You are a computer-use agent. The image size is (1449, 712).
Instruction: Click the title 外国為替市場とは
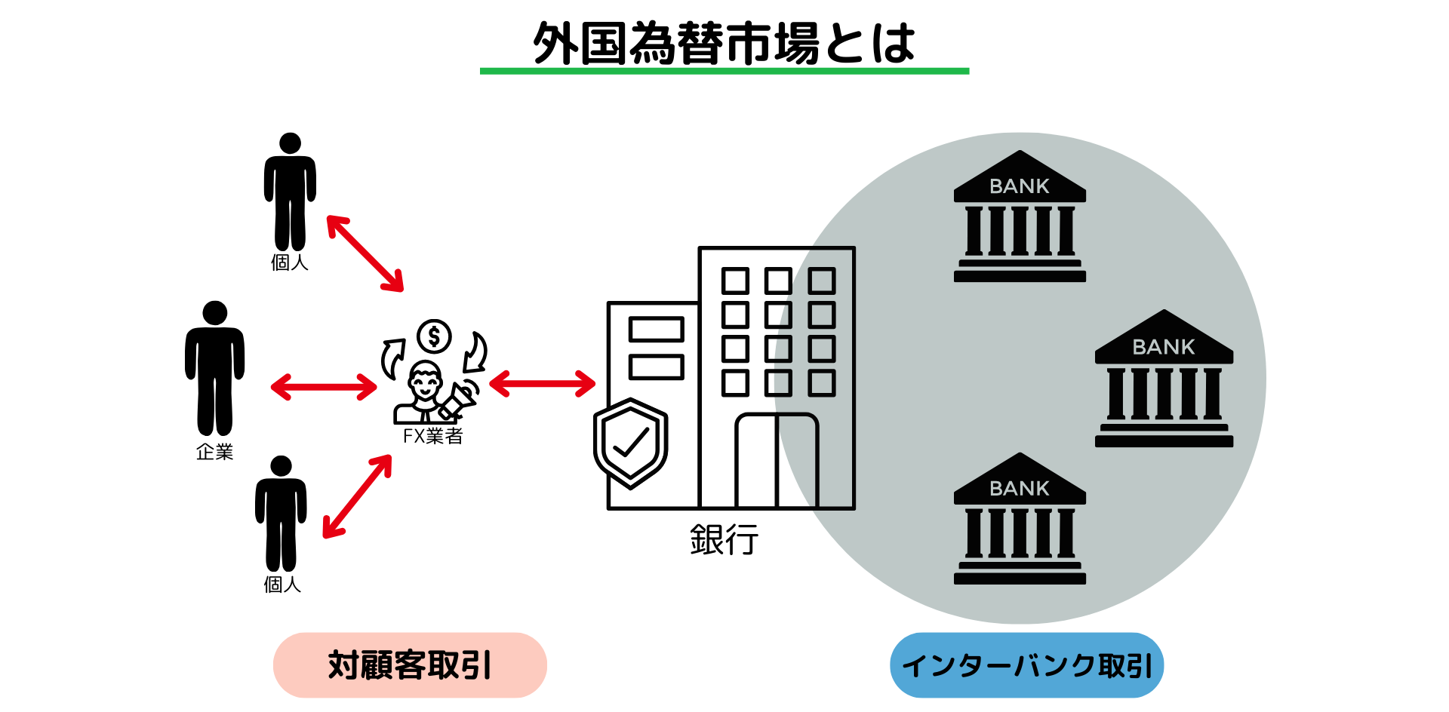tap(724, 43)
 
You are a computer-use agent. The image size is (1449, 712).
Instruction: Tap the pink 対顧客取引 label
tap(410, 665)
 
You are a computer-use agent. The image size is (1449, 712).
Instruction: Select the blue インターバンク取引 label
tap(1026, 665)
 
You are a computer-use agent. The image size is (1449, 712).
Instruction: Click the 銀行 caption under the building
tap(724, 540)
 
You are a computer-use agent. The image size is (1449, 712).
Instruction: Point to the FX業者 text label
tap(432, 436)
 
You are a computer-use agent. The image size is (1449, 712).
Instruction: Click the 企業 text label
tap(215, 452)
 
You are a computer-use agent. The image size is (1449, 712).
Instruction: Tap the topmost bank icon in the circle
tap(1020, 217)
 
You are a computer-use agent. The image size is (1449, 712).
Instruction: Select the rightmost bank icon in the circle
tap(1164, 379)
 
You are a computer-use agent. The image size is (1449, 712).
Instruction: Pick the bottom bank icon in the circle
tap(1020, 520)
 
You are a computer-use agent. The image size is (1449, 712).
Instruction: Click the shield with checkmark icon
tap(631, 443)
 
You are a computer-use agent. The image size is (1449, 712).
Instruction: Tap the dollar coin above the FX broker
tap(434, 336)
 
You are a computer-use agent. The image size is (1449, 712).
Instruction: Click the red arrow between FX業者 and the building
tap(543, 383)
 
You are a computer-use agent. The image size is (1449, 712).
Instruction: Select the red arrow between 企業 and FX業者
tap(324, 387)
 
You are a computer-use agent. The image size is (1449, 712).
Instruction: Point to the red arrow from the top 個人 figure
tap(365, 253)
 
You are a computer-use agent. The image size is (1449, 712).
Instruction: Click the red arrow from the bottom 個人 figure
tap(358, 496)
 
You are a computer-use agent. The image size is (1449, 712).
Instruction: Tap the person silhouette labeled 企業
tap(215, 370)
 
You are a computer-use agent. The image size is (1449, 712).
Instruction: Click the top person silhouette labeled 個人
tap(290, 192)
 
